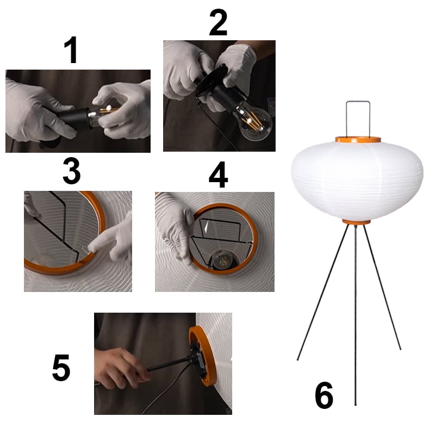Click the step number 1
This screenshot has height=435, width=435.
[71, 50]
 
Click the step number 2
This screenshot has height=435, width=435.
[219, 22]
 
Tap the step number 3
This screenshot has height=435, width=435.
[72, 171]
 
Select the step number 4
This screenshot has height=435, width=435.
[219, 175]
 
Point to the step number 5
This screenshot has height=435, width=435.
[61, 368]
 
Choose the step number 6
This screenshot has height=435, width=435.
[324, 395]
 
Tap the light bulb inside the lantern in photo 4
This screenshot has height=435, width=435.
[223, 261]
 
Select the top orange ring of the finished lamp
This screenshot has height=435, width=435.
[358, 140]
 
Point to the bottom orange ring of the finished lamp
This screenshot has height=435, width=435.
[356, 222]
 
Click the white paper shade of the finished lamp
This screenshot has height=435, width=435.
[357, 181]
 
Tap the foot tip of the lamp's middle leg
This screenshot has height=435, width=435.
[356, 405]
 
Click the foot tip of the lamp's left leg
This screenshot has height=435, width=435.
[297, 360]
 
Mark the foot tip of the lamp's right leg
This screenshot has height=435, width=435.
[400, 349]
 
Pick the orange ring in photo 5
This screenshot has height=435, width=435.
[202, 357]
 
